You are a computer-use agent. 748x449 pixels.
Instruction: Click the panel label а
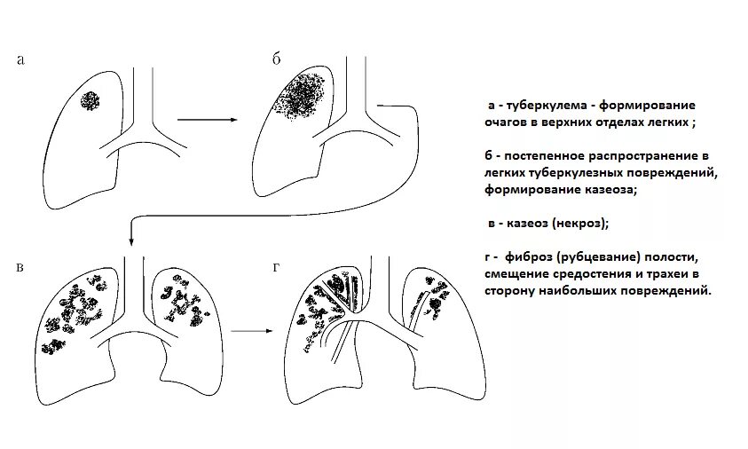point(20,60)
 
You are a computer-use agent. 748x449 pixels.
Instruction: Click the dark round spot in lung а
point(90,100)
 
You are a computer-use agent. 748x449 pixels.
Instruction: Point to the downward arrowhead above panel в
point(131,238)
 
